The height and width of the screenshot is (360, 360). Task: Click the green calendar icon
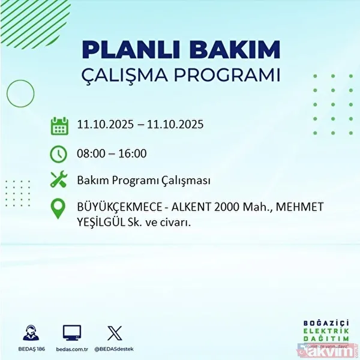(59, 126)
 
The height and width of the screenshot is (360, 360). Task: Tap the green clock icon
(59, 154)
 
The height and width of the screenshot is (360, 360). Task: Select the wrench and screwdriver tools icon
(59, 180)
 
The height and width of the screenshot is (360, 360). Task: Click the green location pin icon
(59, 209)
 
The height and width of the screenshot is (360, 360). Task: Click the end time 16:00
(133, 154)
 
